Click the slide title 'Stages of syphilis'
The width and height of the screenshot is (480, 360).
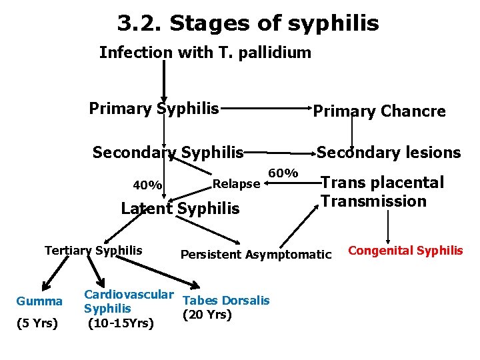click(247, 24)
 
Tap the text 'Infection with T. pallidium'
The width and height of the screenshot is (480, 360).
click(205, 53)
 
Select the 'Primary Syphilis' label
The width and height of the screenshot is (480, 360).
click(154, 108)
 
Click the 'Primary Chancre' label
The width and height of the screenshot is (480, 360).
click(379, 111)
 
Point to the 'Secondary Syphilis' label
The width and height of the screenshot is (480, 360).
click(168, 153)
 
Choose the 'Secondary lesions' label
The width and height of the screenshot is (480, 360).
click(389, 153)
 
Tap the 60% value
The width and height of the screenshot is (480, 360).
click(282, 173)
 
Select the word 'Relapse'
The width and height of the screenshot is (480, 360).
click(235, 183)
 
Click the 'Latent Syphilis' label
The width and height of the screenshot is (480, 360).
click(180, 209)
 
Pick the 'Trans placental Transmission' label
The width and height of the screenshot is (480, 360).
click(382, 192)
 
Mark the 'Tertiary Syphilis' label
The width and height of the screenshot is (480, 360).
click(93, 251)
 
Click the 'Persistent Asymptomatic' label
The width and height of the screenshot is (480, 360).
click(256, 254)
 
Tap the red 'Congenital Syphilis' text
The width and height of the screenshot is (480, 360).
click(405, 251)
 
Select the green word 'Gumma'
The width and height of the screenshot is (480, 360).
click(39, 301)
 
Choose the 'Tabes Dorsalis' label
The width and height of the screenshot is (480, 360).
click(226, 301)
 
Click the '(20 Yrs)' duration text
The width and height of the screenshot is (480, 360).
click(207, 315)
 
